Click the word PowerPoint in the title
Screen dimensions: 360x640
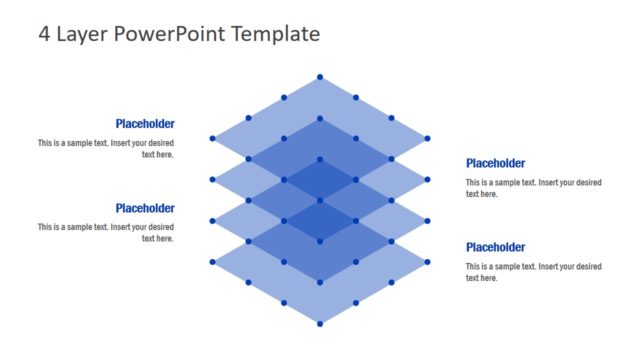[169, 34]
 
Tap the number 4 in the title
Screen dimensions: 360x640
[45, 34]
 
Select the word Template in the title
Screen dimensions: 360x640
[275, 34]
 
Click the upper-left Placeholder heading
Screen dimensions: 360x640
[145, 124]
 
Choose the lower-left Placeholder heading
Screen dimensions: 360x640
[145, 208]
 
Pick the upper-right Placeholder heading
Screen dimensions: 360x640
[495, 163]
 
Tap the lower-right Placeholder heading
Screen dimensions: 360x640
[495, 247]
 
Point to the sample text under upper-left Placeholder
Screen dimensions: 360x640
[106, 149]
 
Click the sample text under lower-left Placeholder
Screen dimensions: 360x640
[106, 233]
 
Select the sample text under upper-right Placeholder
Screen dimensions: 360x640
[533, 188]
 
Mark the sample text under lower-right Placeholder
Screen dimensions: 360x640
[533, 272]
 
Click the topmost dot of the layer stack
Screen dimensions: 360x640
[320, 77]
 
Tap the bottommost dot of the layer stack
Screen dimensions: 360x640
[320, 323]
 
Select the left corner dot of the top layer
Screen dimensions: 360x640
[212, 138]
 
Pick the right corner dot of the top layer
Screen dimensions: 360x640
[428, 138]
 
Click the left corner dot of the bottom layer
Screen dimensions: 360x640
[212, 262]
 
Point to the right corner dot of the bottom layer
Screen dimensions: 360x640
[428, 262]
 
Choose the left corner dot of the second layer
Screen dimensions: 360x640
[212, 180]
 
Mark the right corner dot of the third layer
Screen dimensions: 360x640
[428, 221]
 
